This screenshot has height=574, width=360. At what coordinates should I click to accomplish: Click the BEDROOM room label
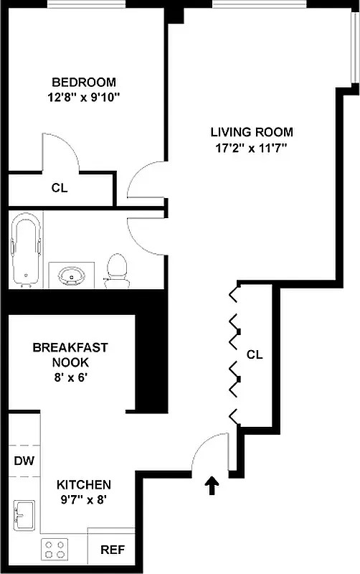84,82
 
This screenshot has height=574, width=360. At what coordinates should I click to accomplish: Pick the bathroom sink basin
72,275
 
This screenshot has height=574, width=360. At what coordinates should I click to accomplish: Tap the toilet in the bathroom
116,270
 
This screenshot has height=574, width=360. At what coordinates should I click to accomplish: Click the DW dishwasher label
24,461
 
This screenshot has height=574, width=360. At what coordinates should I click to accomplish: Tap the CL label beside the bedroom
60,189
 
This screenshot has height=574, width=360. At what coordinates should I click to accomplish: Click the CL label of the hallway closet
255,354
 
